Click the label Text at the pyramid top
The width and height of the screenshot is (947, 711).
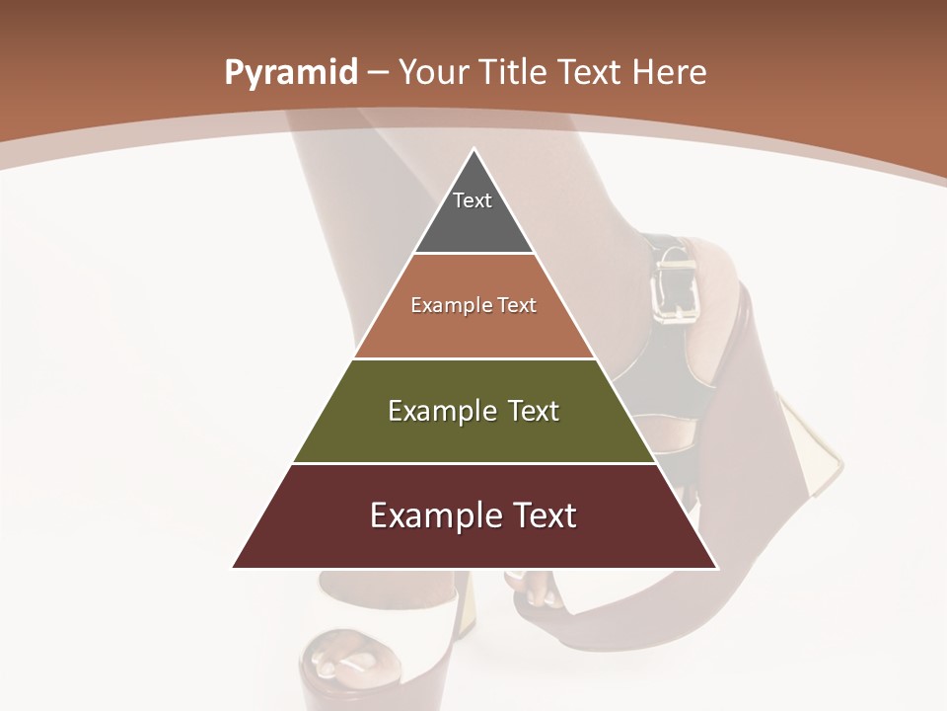[x=472, y=200]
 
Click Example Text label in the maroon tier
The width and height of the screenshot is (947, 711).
[x=473, y=515]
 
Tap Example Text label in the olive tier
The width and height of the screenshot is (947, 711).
[x=473, y=411]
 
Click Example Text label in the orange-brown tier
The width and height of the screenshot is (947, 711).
[x=473, y=305]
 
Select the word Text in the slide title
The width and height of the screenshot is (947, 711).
[x=592, y=72]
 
